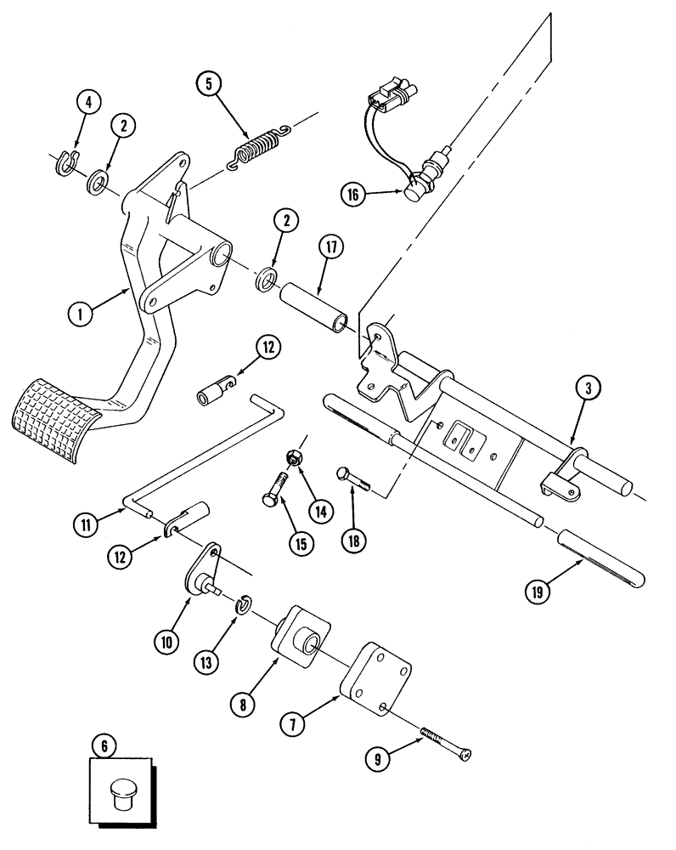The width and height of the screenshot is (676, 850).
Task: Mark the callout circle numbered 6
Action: pyautogui.click(x=104, y=746)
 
